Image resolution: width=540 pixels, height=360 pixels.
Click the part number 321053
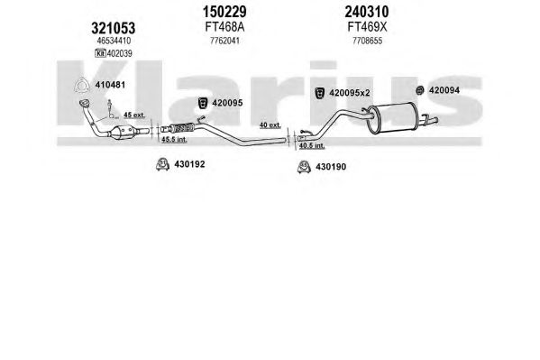click(113, 28)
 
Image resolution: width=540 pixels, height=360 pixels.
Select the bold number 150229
click(224, 12)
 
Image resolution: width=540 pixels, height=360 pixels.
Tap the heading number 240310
click(367, 12)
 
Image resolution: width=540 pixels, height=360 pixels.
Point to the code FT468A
click(224, 27)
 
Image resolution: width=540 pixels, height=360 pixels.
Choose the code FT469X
click(367, 27)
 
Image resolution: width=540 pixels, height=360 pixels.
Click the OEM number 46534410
click(114, 41)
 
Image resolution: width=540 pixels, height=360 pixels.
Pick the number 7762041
click(224, 41)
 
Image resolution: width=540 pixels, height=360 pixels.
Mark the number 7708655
click(367, 41)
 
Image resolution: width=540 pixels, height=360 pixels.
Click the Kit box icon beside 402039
click(100, 53)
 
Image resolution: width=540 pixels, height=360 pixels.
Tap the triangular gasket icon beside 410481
click(82, 86)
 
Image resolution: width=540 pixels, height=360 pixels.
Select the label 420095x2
click(349, 93)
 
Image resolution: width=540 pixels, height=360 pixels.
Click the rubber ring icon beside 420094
click(419, 90)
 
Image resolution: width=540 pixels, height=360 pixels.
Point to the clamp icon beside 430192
click(162, 164)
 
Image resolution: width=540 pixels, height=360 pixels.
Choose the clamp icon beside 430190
click(304, 167)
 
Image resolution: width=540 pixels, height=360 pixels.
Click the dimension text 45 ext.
click(134, 115)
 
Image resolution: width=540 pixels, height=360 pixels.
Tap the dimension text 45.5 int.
click(174, 139)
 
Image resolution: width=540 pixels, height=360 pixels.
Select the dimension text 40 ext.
click(270, 125)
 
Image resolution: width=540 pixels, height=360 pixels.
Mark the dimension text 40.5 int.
click(312, 145)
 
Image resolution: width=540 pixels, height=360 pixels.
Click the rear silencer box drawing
click(392, 117)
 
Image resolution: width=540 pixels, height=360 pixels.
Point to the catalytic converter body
click(123, 132)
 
